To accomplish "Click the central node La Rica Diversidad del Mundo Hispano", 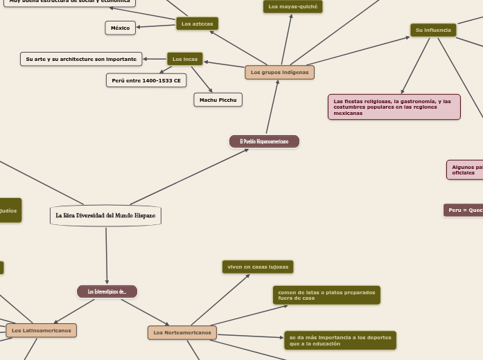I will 105,215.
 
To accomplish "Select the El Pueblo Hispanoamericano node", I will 264,141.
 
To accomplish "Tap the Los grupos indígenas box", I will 279,72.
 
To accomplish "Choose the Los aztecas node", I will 197,24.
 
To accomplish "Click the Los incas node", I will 185,59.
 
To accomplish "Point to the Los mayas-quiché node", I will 292,7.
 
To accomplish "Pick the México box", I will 121,28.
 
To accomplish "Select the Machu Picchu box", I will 218,100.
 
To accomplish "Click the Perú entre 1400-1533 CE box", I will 146,80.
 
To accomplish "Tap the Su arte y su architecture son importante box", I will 82,59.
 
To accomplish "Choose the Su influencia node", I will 432,30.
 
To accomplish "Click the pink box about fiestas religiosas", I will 394,107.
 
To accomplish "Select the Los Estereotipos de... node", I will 107,291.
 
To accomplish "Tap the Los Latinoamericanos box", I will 41,330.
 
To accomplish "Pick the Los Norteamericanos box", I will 182,332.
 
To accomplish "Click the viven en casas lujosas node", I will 258,267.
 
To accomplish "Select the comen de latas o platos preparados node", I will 326,295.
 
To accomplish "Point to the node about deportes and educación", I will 340,341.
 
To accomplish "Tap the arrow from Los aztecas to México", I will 155,26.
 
